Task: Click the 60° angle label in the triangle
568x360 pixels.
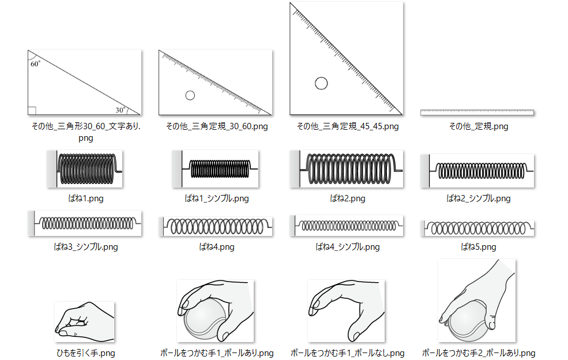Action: (36, 64)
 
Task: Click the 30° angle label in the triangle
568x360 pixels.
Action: (120, 109)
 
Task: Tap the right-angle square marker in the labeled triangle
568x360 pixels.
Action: (32, 111)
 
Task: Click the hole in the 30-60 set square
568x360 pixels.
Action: (190, 95)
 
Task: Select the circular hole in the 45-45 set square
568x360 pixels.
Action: (321, 83)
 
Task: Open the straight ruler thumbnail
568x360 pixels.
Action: (477, 112)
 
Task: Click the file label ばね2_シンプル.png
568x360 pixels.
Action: (478, 198)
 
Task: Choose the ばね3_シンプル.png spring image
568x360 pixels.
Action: (86, 223)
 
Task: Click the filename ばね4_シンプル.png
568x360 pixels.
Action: (348, 247)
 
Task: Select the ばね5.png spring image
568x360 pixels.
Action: (478, 228)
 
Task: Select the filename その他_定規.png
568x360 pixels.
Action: (478, 126)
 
